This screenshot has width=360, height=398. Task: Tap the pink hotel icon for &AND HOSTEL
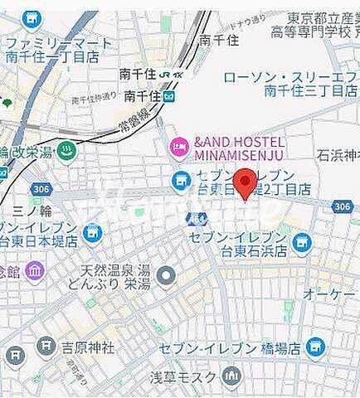179,148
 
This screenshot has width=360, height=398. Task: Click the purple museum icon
34,270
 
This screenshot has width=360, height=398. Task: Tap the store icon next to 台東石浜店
302,243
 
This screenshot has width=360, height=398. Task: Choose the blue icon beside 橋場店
314,346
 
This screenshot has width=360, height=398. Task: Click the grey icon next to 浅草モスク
231,378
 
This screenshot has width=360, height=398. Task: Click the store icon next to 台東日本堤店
92,233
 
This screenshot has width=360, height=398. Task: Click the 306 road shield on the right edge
342,206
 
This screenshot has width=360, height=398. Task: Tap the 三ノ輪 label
32,211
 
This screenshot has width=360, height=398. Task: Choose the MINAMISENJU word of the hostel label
240,155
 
